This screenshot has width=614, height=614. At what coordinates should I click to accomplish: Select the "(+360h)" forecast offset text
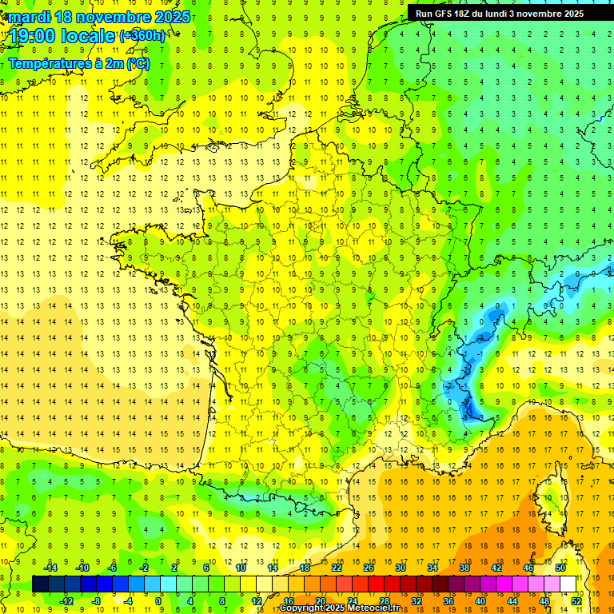tap(143, 36)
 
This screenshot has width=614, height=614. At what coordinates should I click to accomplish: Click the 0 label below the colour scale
tap(158, 600)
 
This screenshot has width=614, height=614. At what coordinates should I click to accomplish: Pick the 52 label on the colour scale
tap(576, 600)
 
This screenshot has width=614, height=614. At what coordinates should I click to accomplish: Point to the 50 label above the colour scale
tap(560, 568)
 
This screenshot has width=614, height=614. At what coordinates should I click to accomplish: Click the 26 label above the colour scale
tap(369, 568)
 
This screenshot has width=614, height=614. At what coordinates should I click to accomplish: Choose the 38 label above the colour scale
tap(464, 568)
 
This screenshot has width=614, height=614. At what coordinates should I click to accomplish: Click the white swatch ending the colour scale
tap(568, 584)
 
